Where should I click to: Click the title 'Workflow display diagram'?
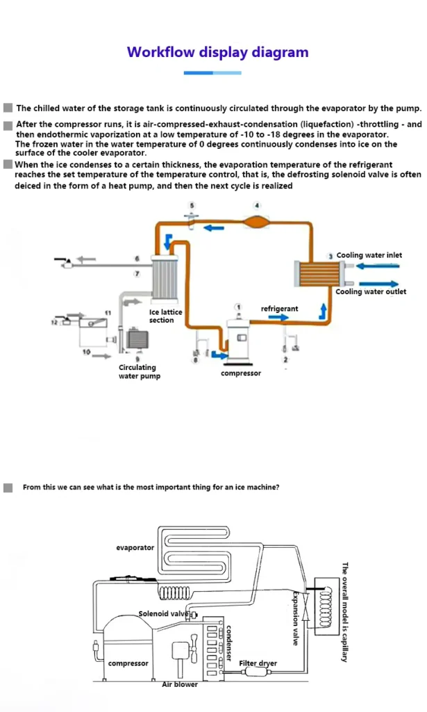tap(217, 52)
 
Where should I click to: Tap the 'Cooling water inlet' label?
tap(369, 255)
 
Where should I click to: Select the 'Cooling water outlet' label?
tap(371, 291)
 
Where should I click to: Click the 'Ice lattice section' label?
tap(166, 316)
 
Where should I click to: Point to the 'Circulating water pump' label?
tap(139, 371)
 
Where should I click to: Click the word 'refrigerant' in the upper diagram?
tap(279, 308)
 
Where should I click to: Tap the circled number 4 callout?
tap(257, 205)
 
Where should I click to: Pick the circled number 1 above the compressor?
tap(239, 307)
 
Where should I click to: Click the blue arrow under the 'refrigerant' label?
tap(278, 317)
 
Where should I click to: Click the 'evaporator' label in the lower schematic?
tap(135, 547)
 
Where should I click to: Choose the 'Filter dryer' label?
tap(258, 663)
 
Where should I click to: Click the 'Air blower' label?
tap(180, 684)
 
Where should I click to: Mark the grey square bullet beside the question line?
tap(8, 487)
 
